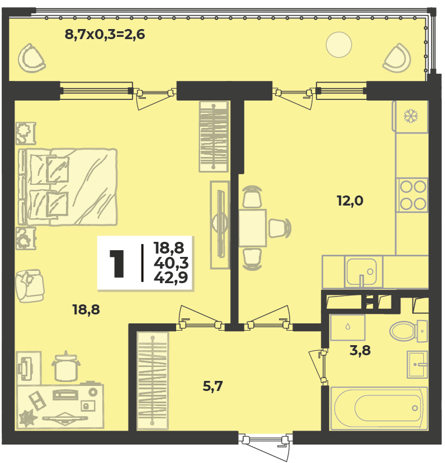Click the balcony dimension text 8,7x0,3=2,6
click(x=105, y=35)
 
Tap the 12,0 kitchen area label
click(x=350, y=201)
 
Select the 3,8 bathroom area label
click(x=360, y=351)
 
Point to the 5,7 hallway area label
click(x=213, y=386)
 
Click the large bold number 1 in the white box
click(x=117, y=264)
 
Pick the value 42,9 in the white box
click(x=171, y=278)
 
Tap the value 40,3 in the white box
click(x=171, y=262)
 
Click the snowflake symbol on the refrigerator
click(x=411, y=116)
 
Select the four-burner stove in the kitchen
click(x=413, y=195)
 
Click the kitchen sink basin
click(x=361, y=271)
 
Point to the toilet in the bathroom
click(x=408, y=331)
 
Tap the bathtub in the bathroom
click(x=379, y=408)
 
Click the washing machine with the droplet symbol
click(x=348, y=327)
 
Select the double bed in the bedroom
click(x=68, y=187)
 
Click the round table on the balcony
click(x=339, y=45)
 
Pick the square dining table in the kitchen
click(x=253, y=228)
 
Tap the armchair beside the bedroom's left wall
click(x=30, y=286)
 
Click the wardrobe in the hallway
click(x=153, y=380)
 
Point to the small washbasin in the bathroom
click(x=417, y=365)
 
